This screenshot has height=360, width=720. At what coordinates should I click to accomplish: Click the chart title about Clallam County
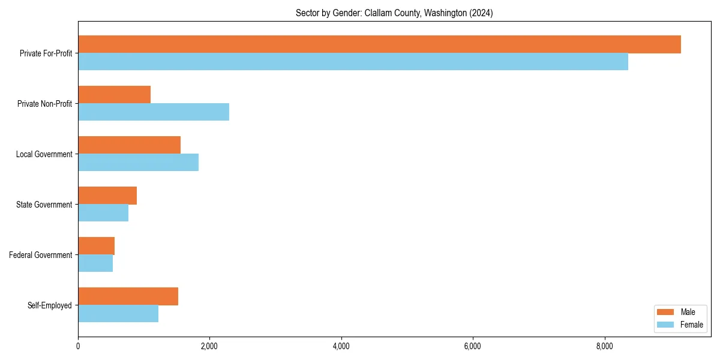[394, 13]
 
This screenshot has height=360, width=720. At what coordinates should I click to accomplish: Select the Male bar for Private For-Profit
[379, 44]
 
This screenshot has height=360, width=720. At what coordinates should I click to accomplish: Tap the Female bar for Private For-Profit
[353, 62]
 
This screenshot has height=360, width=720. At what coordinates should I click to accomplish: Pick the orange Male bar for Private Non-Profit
[114, 95]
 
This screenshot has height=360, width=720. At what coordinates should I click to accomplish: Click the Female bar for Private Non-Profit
[154, 112]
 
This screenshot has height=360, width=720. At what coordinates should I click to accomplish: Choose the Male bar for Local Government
[129, 145]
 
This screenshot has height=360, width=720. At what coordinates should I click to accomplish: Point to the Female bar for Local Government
[138, 163]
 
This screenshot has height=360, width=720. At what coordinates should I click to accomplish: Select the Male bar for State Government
[107, 196]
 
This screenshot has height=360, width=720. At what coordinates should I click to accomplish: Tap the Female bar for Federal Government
[95, 263]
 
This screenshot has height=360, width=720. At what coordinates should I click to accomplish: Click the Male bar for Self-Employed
[128, 296]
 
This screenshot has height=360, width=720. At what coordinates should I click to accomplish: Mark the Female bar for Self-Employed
[118, 314]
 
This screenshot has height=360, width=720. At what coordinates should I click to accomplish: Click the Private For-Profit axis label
[46, 53]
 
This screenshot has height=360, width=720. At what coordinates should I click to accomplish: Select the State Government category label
[44, 205]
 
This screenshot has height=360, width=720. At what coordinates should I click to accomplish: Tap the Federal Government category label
[41, 255]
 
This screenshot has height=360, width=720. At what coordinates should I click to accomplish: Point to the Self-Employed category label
[49, 305]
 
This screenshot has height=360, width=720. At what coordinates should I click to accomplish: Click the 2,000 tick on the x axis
[209, 346]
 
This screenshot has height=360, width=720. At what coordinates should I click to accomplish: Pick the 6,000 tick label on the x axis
[473, 346]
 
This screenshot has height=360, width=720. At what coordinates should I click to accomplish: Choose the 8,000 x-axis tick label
[604, 346]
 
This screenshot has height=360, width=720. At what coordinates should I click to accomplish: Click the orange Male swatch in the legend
[666, 312]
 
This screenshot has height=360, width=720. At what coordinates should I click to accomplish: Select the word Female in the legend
[692, 325]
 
